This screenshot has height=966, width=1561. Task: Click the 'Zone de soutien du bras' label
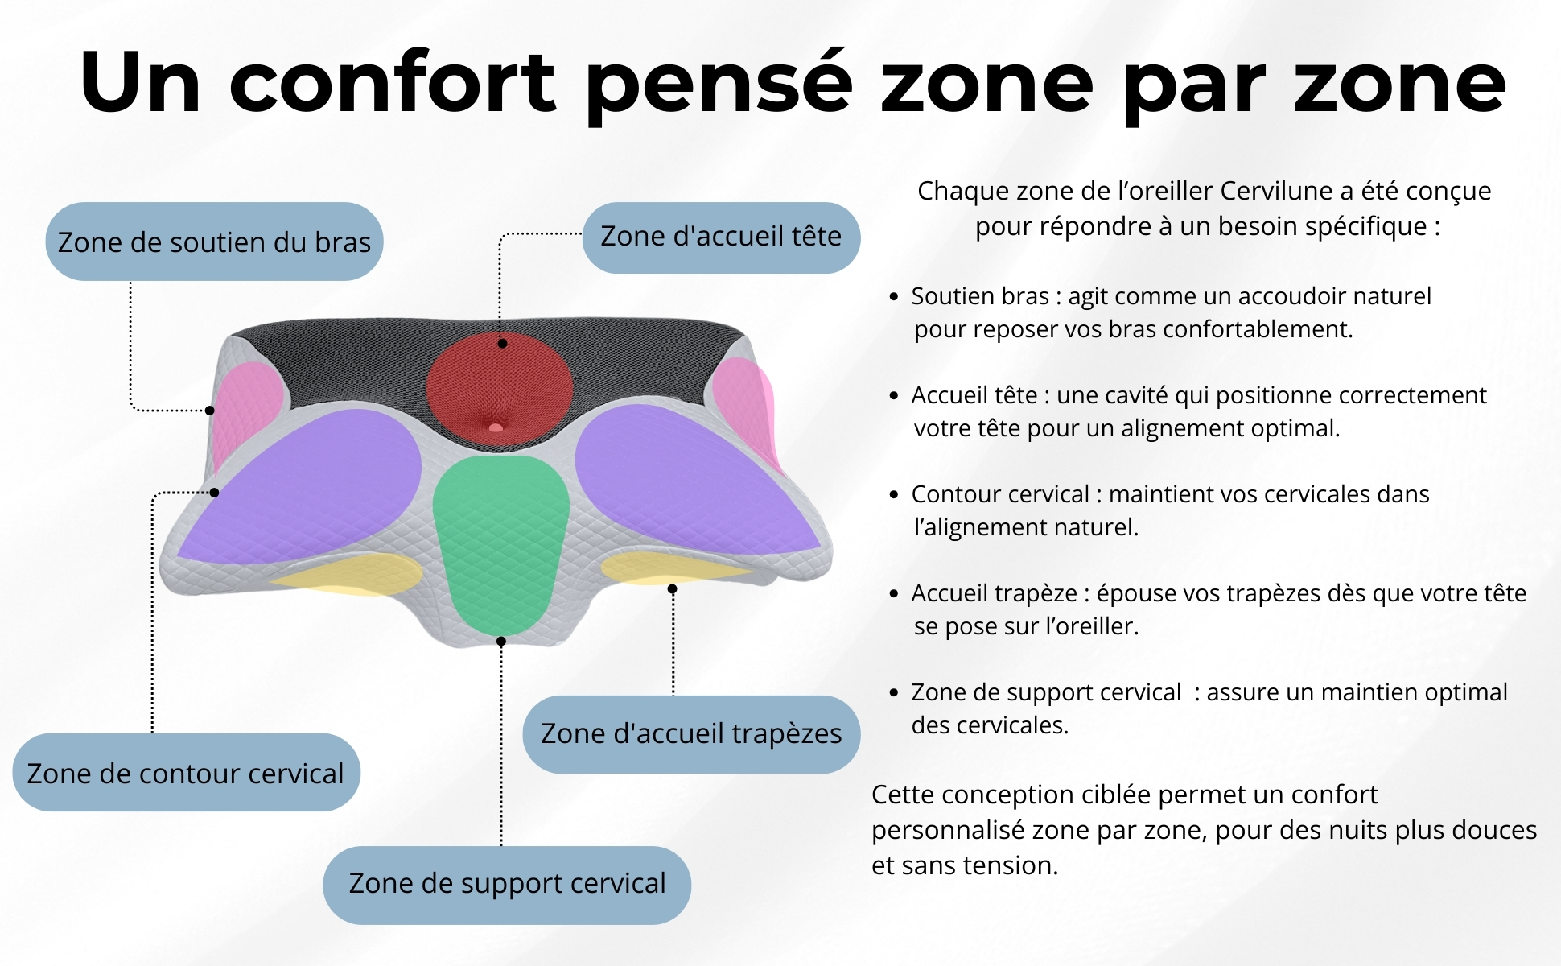click(x=214, y=242)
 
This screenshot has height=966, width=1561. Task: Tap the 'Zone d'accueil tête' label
click(x=721, y=237)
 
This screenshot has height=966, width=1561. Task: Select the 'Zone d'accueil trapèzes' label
click(x=691, y=734)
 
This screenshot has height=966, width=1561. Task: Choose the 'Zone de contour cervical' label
click(x=186, y=773)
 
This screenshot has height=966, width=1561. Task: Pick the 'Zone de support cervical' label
click(x=507, y=884)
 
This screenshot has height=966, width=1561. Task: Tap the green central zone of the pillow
click(x=500, y=539)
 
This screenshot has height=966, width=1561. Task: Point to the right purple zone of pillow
click(x=684, y=483)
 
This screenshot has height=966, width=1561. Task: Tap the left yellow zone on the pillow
click(x=354, y=573)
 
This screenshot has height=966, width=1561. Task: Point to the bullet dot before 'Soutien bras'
click(x=894, y=297)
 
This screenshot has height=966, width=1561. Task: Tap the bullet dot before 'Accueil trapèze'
click(x=894, y=594)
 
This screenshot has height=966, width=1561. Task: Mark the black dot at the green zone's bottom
click(x=501, y=642)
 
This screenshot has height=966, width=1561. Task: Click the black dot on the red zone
click(x=502, y=344)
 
